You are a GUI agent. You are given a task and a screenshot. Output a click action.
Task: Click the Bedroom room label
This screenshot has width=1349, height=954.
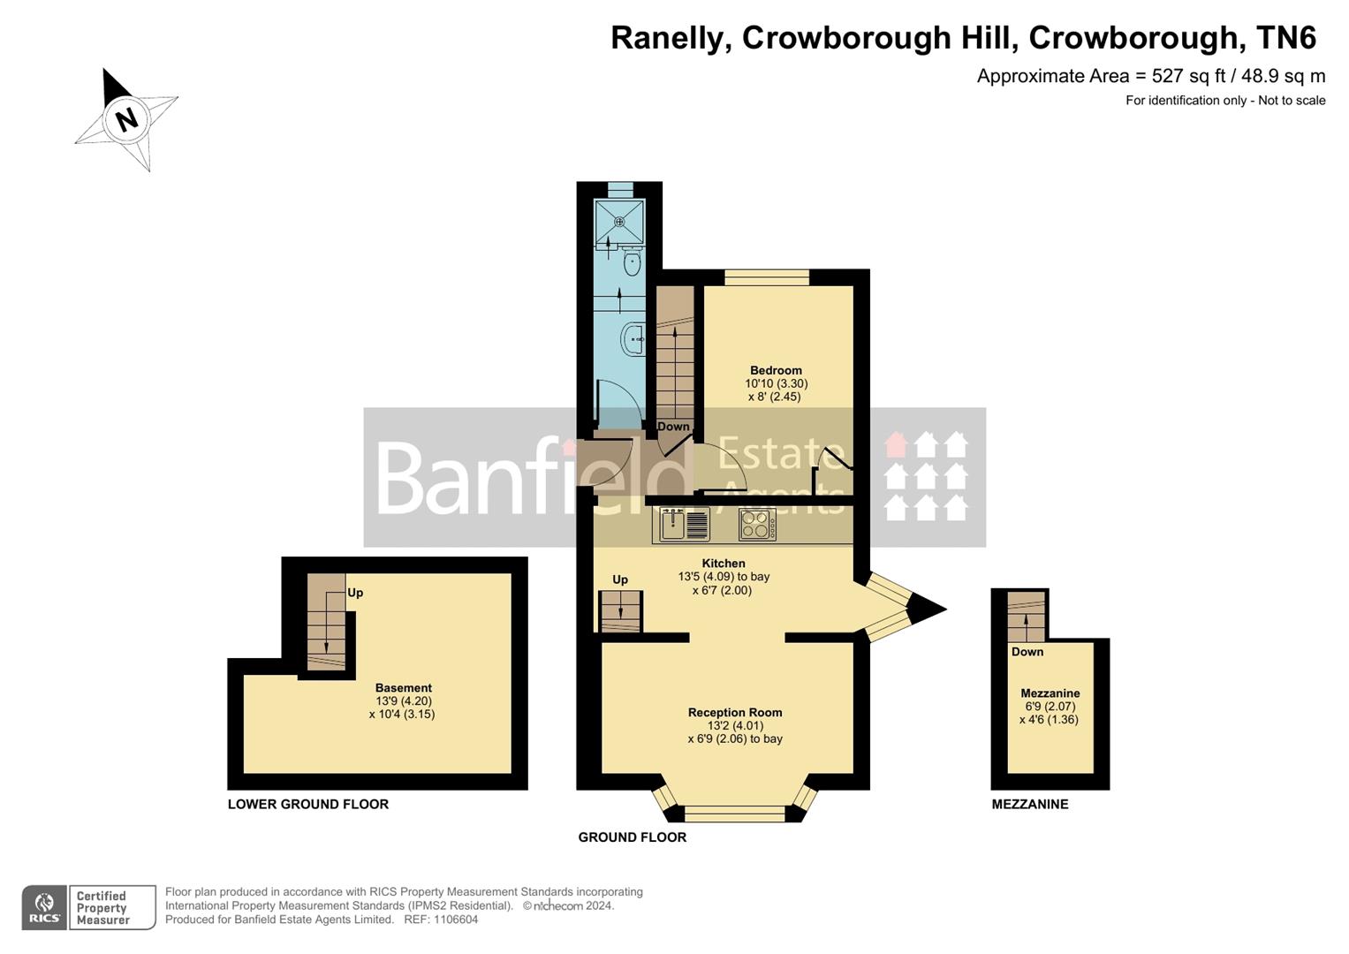point(776,371)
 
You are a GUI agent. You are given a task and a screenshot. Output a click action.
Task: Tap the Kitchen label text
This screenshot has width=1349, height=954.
point(724,564)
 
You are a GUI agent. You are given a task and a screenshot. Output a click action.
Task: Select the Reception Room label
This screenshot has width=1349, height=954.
point(735,713)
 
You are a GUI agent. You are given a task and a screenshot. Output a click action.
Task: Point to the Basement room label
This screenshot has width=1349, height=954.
point(403,688)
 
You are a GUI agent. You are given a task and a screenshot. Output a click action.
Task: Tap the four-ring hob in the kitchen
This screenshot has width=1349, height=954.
point(757,525)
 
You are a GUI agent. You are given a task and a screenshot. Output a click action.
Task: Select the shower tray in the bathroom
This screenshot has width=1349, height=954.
point(619,221)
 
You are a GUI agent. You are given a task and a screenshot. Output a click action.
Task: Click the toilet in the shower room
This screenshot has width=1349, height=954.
point(631,262)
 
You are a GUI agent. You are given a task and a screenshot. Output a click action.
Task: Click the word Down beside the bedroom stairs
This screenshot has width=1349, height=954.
point(673,427)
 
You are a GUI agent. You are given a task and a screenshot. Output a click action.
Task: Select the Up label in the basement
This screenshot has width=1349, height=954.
point(355,593)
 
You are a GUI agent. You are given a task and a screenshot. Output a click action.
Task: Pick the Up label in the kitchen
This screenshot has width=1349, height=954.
point(620,579)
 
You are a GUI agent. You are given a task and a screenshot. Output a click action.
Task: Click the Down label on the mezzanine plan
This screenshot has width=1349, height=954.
point(1027,652)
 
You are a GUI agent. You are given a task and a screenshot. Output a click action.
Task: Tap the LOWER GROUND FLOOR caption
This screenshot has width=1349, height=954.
point(308,804)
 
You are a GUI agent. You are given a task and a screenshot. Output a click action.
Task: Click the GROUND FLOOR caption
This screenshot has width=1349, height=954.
point(633,837)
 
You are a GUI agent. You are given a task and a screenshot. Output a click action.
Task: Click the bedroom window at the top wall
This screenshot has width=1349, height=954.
point(767,277)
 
